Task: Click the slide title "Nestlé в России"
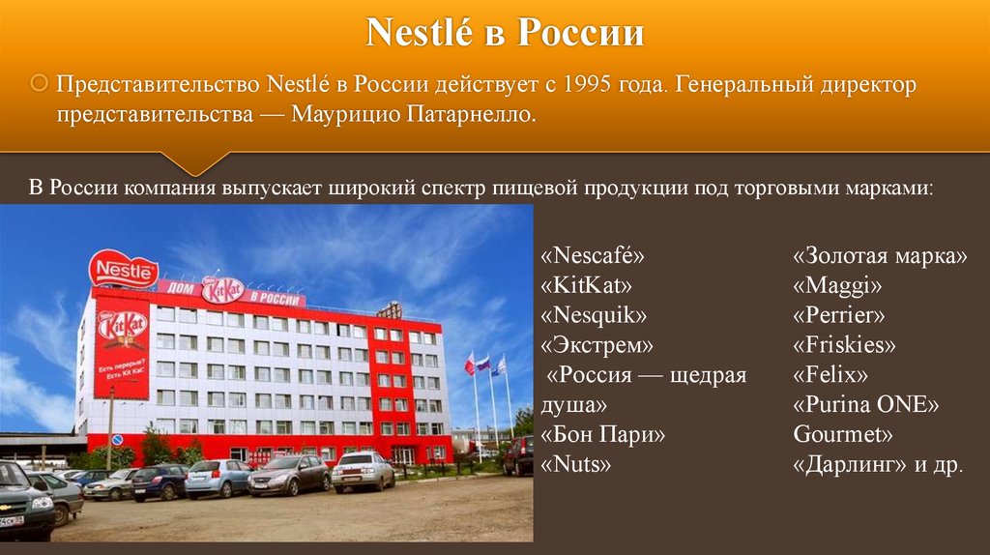(x=505, y=32)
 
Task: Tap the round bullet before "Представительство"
(x=39, y=83)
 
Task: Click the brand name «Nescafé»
(x=593, y=255)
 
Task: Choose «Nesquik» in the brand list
(x=594, y=315)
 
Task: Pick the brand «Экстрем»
(x=597, y=345)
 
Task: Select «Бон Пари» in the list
(x=603, y=434)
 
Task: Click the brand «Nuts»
(x=576, y=464)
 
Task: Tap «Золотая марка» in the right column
(x=880, y=255)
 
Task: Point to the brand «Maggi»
(x=837, y=286)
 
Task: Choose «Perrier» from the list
(x=839, y=314)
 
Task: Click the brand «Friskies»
(x=844, y=345)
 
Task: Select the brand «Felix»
(x=830, y=374)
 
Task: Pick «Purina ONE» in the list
(x=865, y=404)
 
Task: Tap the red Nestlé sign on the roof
(x=123, y=270)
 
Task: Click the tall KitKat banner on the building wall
(x=122, y=348)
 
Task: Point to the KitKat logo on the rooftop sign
(x=222, y=289)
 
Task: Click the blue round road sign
(x=117, y=439)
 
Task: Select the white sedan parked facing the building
(x=363, y=471)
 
